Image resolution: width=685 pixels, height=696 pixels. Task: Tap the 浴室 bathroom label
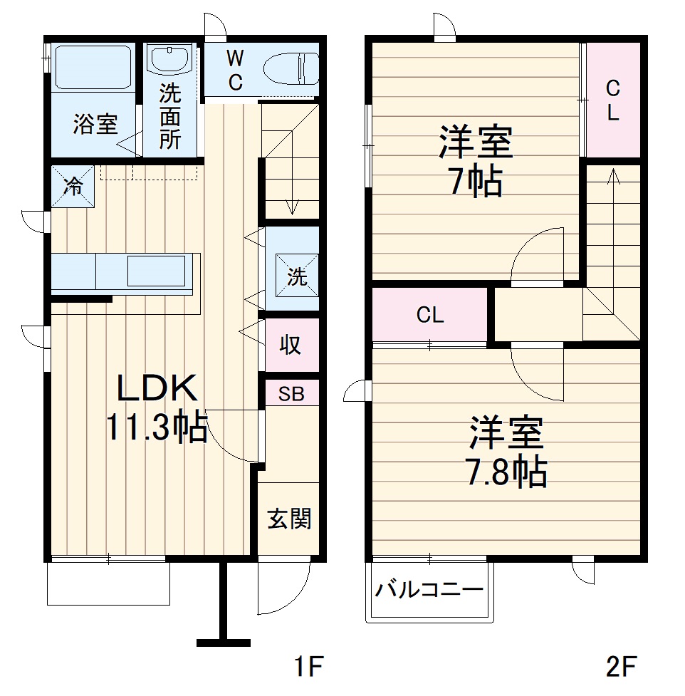pyautogui.click(x=95, y=125)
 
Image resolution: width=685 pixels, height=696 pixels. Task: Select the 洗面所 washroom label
pyautogui.click(x=169, y=116)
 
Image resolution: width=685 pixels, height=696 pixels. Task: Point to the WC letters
pyautogui.click(x=235, y=69)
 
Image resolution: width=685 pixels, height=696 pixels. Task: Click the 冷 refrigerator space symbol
pyautogui.click(x=72, y=187)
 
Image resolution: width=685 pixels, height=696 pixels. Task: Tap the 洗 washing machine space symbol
pyautogui.click(x=297, y=277)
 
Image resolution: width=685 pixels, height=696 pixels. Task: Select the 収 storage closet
pyautogui.click(x=290, y=346)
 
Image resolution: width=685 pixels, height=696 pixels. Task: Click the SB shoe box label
pyautogui.click(x=290, y=394)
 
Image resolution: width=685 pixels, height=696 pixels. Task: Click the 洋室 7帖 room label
pyautogui.click(x=475, y=162)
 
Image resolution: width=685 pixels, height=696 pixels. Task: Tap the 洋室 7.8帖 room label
pyautogui.click(x=507, y=451)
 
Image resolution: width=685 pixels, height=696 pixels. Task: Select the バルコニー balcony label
pyautogui.click(x=430, y=590)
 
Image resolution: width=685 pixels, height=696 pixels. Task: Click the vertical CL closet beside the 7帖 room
pyautogui.click(x=612, y=100)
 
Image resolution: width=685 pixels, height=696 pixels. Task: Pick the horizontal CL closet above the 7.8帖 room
pyautogui.click(x=430, y=315)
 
